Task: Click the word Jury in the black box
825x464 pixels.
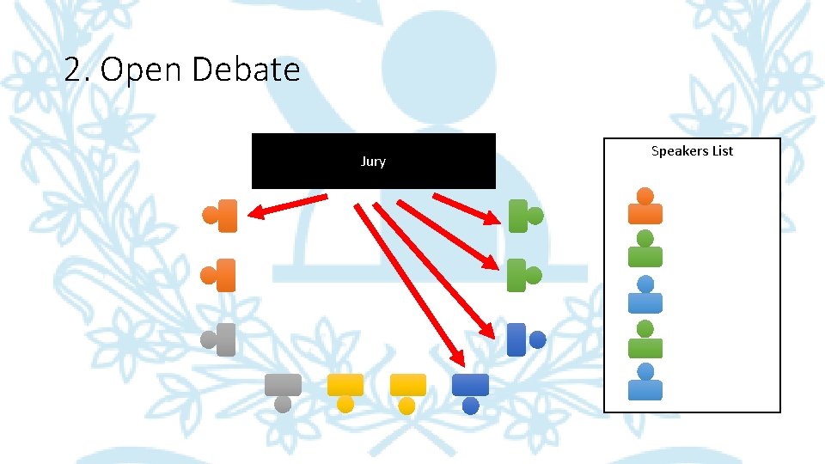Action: point(373,162)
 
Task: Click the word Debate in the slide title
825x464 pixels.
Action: point(245,70)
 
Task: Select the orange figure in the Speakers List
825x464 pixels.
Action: point(645,207)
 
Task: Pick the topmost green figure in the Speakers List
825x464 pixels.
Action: point(645,248)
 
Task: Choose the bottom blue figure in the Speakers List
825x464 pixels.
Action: point(645,383)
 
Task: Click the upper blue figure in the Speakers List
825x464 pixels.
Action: point(645,295)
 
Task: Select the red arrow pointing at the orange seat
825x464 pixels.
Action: point(288,205)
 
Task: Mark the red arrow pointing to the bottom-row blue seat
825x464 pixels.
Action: point(409,284)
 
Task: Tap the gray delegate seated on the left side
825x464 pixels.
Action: point(220,339)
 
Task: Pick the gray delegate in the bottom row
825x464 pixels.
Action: point(283,392)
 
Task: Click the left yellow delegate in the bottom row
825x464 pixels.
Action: point(345,392)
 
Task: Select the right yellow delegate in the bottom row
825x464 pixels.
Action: point(407,392)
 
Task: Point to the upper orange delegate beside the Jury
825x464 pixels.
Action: point(221,216)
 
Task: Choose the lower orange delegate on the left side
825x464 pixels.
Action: point(220,275)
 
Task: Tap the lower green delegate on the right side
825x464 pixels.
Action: point(523,275)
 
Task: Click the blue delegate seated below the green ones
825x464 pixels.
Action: point(524,339)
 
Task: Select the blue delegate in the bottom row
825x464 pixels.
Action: point(470,392)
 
